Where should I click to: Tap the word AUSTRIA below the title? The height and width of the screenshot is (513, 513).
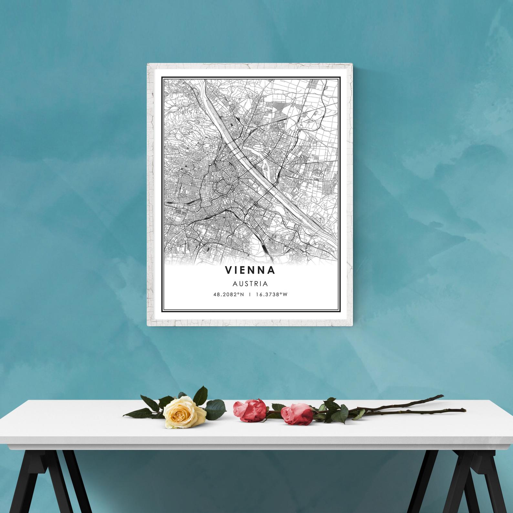click(x=250, y=284)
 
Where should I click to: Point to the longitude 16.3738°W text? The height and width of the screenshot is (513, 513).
click(x=272, y=295)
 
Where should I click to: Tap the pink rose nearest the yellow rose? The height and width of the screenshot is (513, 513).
click(x=250, y=411)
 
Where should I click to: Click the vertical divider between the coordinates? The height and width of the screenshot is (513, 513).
click(x=250, y=295)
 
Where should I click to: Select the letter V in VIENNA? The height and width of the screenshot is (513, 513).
click(x=228, y=270)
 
